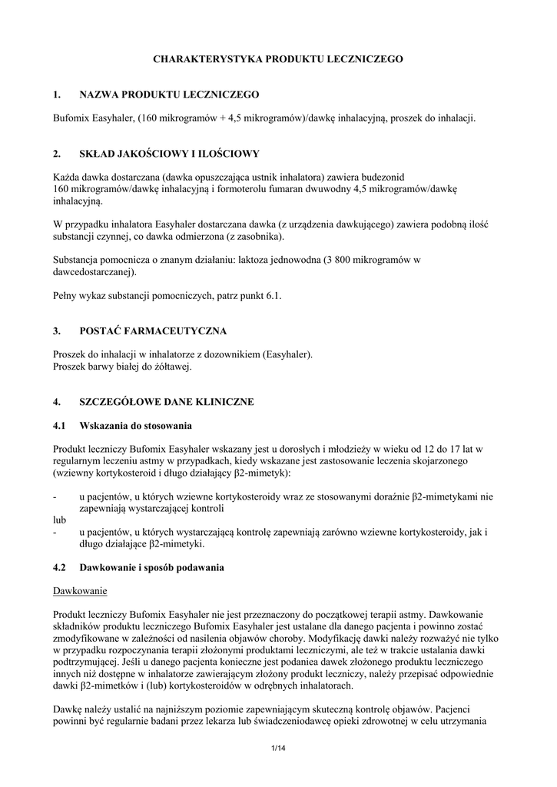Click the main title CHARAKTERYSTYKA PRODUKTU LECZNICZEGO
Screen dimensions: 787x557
[277, 58]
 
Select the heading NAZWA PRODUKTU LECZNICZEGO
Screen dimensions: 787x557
[169, 95]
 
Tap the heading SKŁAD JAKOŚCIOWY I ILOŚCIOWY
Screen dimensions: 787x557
[169, 154]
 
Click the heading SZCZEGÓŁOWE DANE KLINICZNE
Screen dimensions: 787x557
[167, 402]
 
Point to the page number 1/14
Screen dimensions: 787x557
[278, 749]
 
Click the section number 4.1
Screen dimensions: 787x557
[60, 425]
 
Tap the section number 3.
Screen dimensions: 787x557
[56, 331]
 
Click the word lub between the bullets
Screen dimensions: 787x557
[60, 520]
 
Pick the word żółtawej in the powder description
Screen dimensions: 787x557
[169, 367]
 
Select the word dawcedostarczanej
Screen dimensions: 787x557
[94, 271]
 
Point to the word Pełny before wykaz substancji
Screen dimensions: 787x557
[67, 295]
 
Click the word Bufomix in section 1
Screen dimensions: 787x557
[71, 118]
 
